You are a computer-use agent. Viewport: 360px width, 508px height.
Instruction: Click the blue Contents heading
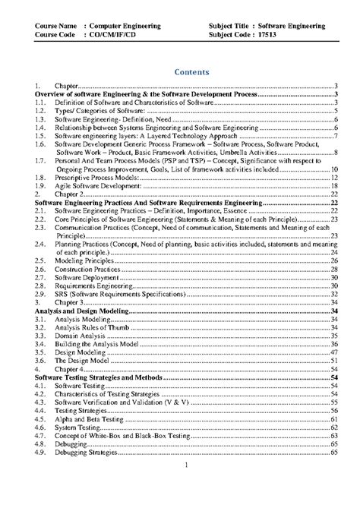click(x=179, y=72)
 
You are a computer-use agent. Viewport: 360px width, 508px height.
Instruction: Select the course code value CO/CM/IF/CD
click(x=99, y=35)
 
